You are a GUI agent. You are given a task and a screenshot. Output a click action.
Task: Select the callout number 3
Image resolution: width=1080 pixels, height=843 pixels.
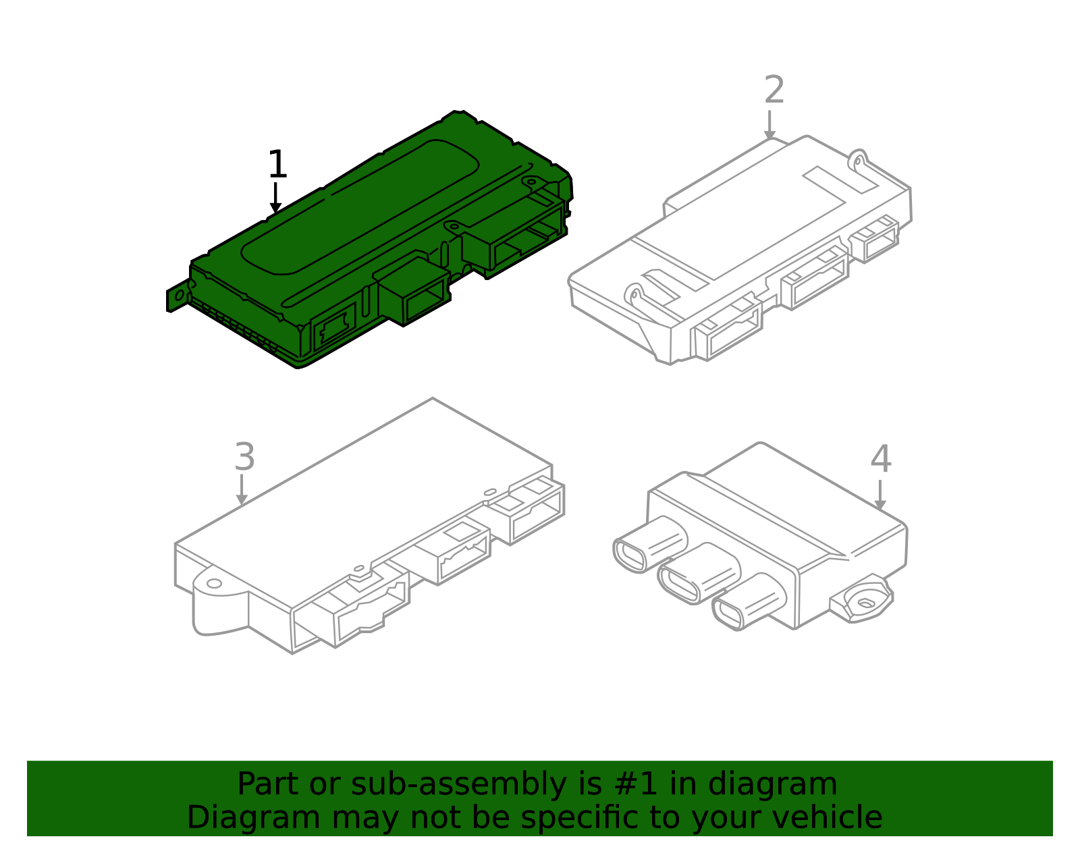(x=244, y=456)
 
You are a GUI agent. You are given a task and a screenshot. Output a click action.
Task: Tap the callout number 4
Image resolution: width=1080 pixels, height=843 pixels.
(x=881, y=458)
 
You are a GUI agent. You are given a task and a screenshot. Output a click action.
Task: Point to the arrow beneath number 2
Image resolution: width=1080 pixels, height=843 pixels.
(x=769, y=125)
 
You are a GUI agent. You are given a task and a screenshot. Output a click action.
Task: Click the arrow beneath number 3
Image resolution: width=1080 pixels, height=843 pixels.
(x=242, y=489)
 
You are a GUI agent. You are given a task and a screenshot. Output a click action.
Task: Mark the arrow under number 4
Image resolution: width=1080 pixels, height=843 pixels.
(x=880, y=495)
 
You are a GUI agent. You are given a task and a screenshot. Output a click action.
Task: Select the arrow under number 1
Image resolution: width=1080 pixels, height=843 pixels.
(x=275, y=198)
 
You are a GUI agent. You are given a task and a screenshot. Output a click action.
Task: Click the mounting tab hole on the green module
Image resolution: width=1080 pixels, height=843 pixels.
(x=180, y=296)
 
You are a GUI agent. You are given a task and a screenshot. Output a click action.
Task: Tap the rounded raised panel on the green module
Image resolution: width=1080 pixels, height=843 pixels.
(x=360, y=207)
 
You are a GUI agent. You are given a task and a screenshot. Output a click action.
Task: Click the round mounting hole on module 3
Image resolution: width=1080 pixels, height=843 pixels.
(x=214, y=582)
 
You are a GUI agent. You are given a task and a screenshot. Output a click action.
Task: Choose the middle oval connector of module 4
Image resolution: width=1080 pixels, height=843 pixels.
(x=699, y=574)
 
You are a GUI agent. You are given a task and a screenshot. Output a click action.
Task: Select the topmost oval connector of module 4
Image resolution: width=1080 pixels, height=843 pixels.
(x=650, y=545)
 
